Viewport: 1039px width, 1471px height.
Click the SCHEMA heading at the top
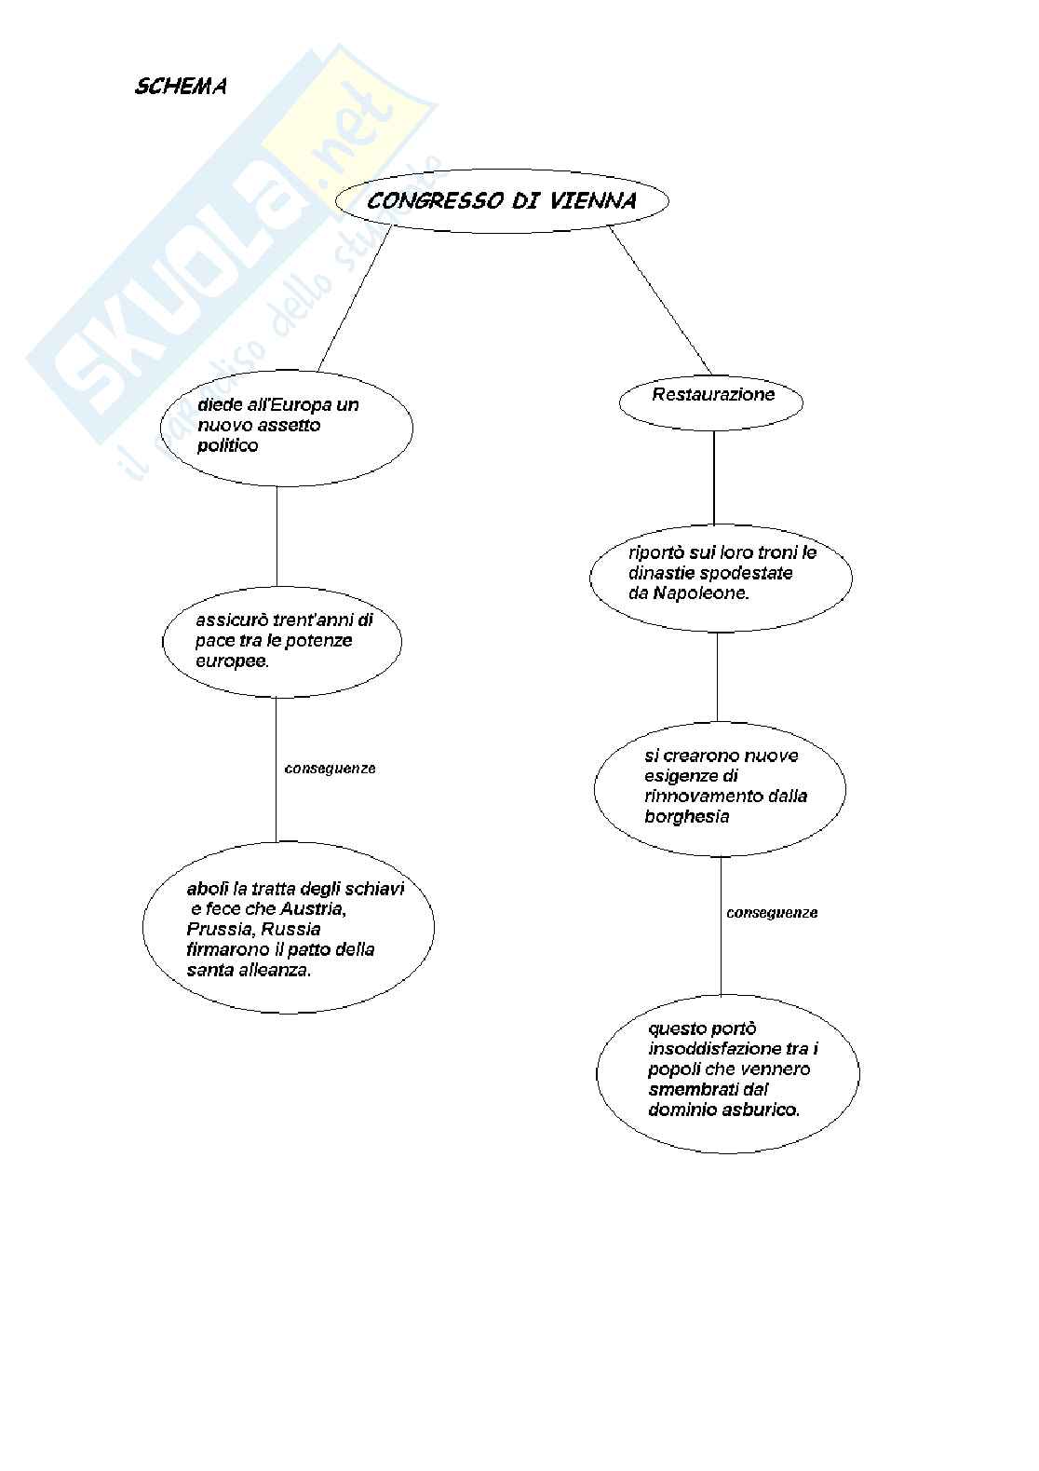tap(181, 87)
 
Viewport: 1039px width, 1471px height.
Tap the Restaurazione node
tap(713, 394)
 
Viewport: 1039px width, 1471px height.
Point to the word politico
tap(228, 445)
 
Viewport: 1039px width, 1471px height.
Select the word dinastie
tap(663, 572)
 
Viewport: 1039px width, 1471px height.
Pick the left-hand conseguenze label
tap(330, 769)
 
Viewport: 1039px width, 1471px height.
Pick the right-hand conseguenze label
tap(772, 913)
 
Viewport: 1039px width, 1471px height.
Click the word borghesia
tap(686, 816)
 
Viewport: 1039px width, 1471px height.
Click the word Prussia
tap(219, 929)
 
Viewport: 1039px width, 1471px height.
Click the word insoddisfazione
tap(708, 1049)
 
